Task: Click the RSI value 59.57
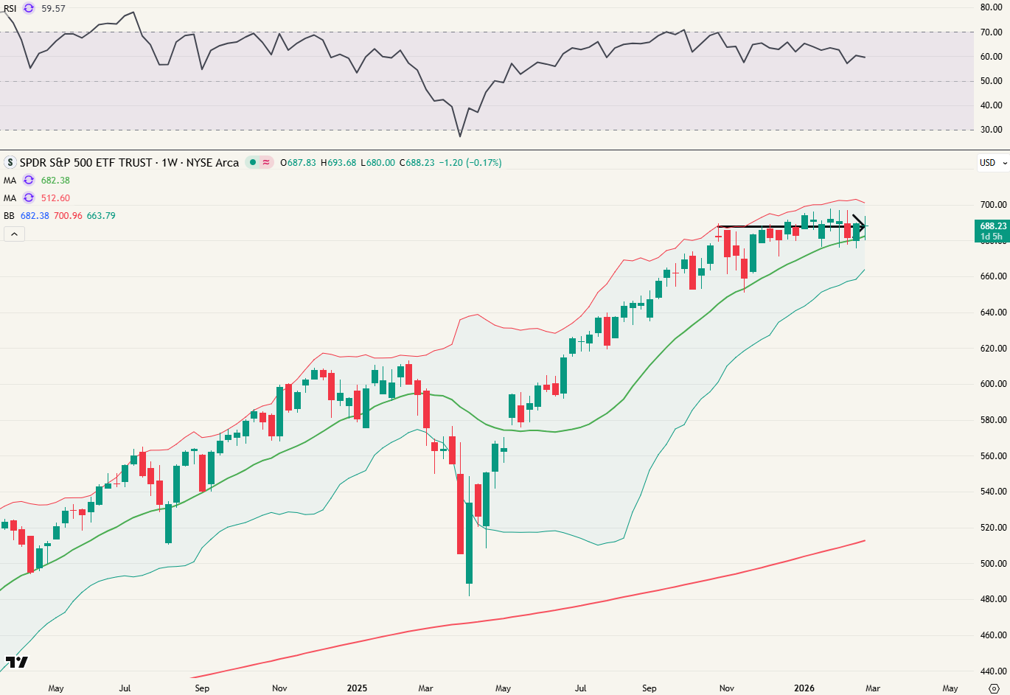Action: coord(53,9)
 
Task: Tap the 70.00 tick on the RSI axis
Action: coord(991,32)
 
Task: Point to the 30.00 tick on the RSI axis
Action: coord(991,130)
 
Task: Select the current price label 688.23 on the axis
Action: coord(992,226)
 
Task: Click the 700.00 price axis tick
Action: coord(993,205)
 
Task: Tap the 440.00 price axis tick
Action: coord(993,671)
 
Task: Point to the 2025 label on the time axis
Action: coord(357,688)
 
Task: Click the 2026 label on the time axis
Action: coord(804,688)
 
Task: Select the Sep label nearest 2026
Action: coord(649,688)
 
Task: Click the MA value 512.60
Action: coord(55,198)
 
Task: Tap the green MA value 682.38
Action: coord(55,181)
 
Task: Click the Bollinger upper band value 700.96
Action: coord(68,216)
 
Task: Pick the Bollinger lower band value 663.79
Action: coord(101,216)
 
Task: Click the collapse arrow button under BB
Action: coord(14,234)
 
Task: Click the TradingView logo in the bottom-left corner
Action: coord(16,662)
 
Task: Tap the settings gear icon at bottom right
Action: coord(993,688)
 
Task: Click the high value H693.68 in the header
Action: coord(338,163)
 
